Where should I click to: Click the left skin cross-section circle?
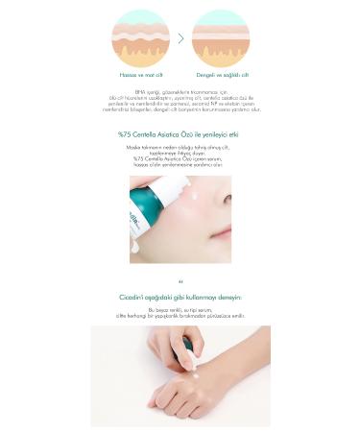tap(139, 37)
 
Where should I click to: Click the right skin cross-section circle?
tap(220, 37)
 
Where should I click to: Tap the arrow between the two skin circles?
tap(180, 38)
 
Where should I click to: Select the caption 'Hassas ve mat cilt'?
tap(139, 74)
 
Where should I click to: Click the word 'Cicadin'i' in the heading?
tap(132, 298)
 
